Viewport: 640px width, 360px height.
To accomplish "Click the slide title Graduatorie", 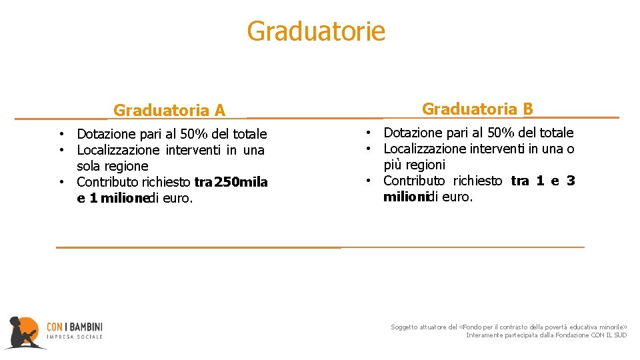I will coord(316,31).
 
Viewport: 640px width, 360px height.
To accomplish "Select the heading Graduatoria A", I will coord(169,110).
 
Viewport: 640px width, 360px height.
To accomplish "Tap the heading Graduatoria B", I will coord(477,109).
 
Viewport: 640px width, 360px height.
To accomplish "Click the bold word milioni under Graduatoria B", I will coord(405,197).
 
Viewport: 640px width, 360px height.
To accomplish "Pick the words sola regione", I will coord(112,166).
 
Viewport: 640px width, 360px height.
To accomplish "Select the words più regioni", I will coord(414,165).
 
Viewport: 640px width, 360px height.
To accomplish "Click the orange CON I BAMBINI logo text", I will coord(75,327).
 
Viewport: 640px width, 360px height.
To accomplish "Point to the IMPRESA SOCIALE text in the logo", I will coord(75,337).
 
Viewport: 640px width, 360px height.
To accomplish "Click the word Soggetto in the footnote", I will coord(405,327).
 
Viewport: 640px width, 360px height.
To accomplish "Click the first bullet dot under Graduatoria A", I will coord(61,135).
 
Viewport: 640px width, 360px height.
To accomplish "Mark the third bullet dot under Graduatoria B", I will coord(367,181).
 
